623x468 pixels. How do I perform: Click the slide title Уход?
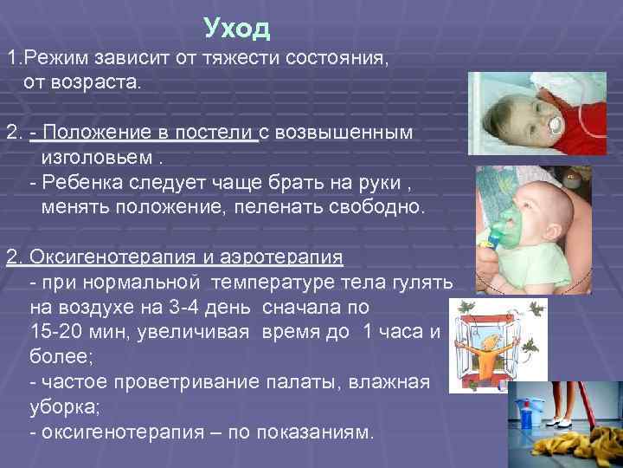click(x=237, y=29)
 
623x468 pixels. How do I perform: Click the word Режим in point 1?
click(x=59, y=59)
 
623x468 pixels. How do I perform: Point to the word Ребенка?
click(x=79, y=185)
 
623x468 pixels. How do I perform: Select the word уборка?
click(x=61, y=407)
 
